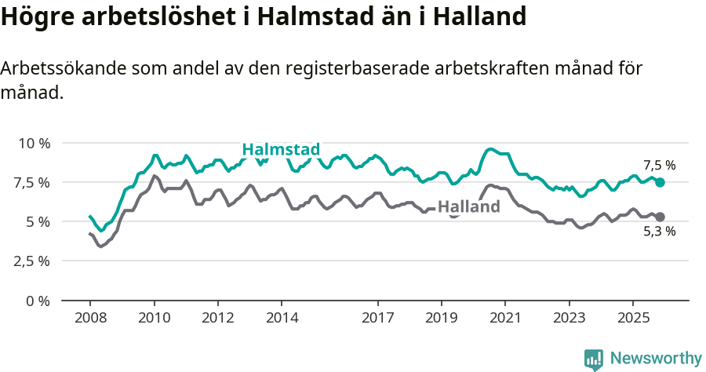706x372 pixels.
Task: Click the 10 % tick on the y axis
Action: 34,143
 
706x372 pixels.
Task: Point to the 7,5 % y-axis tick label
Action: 31,182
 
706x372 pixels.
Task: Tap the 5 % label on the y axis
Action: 38,221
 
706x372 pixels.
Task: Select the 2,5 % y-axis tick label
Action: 31,261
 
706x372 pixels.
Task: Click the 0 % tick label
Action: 38,300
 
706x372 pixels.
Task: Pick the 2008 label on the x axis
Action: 89,319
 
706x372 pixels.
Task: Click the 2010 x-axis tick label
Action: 154,319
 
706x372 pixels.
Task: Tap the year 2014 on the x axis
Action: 282,319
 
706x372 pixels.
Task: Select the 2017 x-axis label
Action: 377,319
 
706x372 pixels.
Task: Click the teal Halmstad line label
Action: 281,150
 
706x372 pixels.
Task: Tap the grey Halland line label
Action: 468,207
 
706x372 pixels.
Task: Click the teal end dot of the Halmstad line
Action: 660,182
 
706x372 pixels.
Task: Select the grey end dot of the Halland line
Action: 660,217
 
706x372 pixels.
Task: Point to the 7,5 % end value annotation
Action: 659,166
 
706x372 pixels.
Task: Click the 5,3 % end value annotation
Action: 659,232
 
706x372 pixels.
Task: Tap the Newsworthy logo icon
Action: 594,359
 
